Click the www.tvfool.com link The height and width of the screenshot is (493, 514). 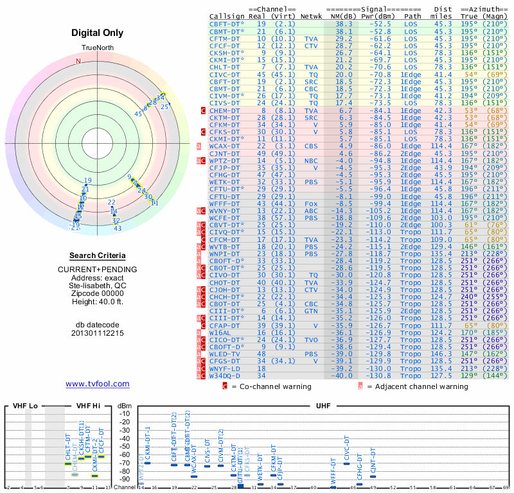[x=98, y=384]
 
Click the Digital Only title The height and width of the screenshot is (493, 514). [x=98, y=32]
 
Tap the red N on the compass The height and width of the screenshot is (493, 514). [x=78, y=62]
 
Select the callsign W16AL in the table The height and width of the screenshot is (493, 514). [x=220, y=333]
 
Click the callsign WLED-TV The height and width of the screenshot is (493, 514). [x=224, y=354]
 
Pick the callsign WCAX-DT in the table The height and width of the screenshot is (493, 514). [x=224, y=146]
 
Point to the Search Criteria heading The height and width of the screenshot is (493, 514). [x=97, y=255]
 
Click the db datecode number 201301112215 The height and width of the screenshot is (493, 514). [x=97, y=333]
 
